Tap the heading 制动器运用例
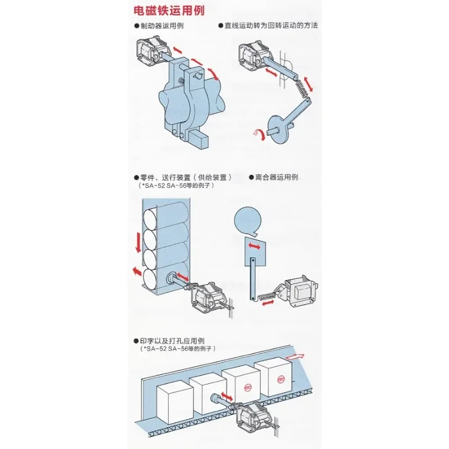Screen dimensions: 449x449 click(162, 26)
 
